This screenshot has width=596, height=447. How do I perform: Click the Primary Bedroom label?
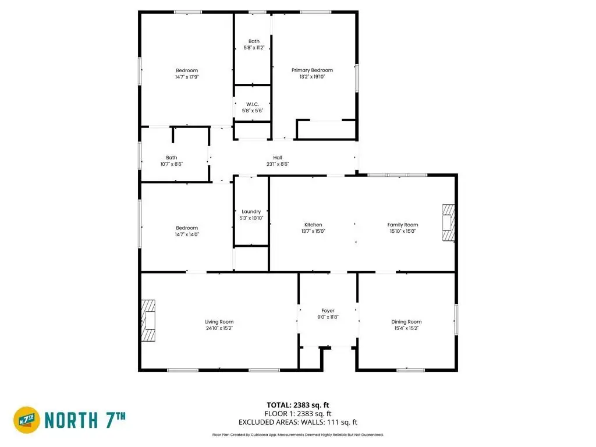pos(312,70)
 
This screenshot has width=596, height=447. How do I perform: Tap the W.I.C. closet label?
pos(253,104)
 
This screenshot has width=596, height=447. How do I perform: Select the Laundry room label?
pos(251,212)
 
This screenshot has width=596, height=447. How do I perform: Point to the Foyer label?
pos(328,311)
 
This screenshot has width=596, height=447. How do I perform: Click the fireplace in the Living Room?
pos(148,321)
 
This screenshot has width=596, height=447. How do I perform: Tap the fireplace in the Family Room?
pos(449,223)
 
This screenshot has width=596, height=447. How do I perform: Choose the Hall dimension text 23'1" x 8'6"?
pos(278,164)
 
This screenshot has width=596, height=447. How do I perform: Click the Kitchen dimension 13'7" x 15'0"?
pos(313,231)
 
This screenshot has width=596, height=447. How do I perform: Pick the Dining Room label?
pos(406,322)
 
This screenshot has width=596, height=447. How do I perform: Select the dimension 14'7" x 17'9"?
pos(187,77)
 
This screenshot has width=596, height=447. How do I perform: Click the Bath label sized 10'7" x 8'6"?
pos(172,158)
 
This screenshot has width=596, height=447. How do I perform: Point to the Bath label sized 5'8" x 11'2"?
pos(254,41)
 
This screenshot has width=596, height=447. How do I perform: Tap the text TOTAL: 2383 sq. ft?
pos(297,405)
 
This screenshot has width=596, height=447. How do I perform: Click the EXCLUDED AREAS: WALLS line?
pos(297,423)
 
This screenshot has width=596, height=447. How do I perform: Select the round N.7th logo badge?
pos(27,420)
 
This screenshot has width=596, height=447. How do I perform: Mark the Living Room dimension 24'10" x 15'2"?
pos(219,328)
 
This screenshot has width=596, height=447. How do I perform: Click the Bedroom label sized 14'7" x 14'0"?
pos(187,228)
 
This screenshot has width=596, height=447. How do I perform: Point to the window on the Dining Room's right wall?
pos(456,320)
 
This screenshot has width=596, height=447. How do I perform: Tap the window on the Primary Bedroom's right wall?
pos(357,78)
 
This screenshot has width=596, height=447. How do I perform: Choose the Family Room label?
pos(403,225)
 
